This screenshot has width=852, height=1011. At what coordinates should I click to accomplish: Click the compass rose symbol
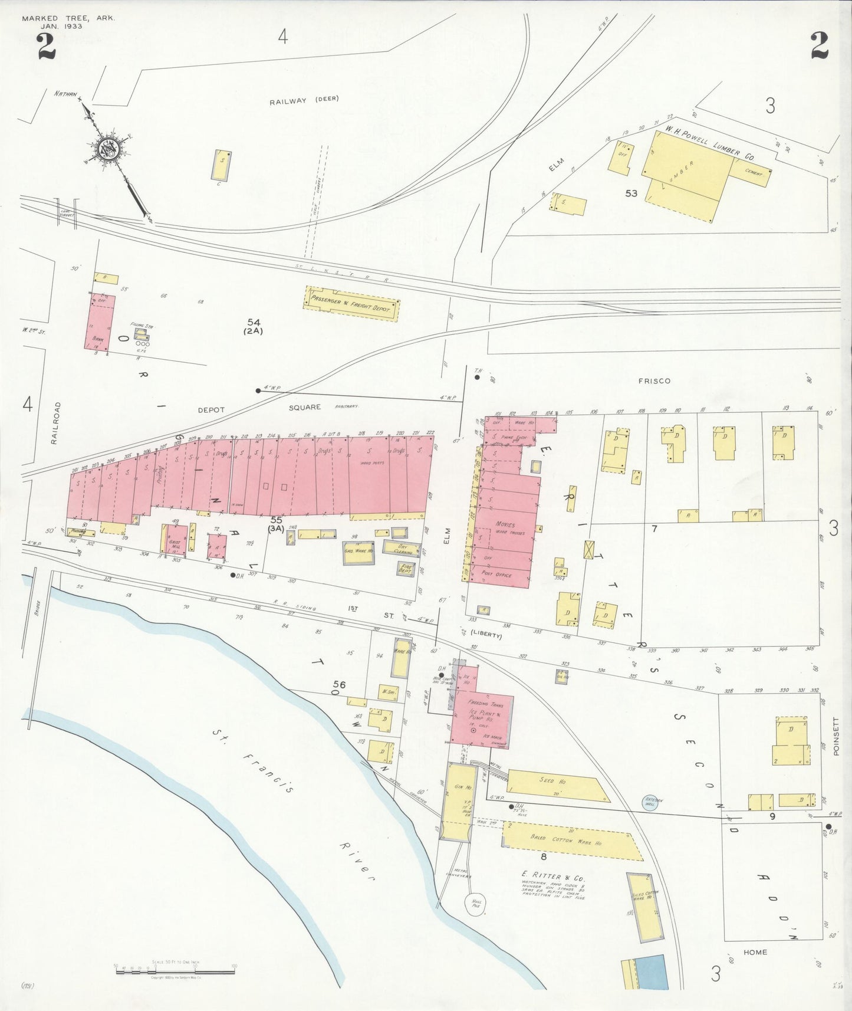click(x=110, y=149)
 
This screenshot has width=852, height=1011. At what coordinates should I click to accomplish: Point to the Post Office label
click(x=496, y=574)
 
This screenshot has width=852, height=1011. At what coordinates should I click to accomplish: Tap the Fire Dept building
click(x=405, y=569)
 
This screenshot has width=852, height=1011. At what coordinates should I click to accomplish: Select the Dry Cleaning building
click(x=402, y=548)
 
